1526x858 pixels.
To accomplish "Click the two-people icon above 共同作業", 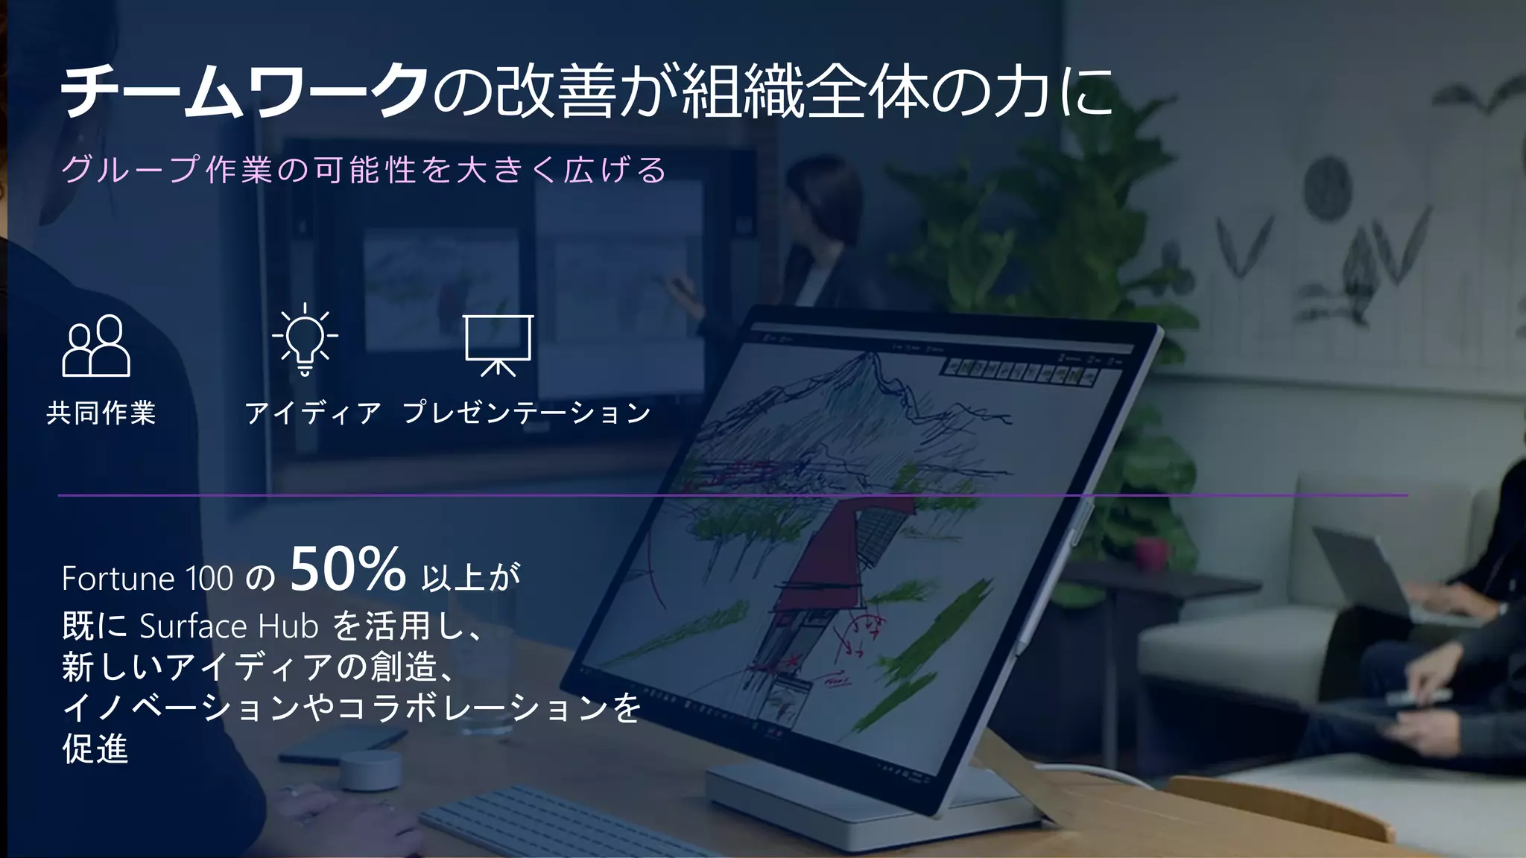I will (x=96, y=346).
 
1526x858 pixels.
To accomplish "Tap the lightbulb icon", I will (x=304, y=339).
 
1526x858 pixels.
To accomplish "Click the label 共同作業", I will (x=101, y=413).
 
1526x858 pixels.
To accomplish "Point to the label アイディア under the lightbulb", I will (x=313, y=413).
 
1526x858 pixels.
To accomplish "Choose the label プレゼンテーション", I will (x=527, y=413).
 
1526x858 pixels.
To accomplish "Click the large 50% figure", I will (x=347, y=570).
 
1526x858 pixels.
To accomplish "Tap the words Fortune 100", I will (x=148, y=579).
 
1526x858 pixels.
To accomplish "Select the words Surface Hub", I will (x=229, y=626).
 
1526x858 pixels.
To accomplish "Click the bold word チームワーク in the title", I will (x=244, y=92).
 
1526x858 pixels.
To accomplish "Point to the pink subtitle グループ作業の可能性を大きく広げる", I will (x=364, y=170).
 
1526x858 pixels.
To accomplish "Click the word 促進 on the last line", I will (x=95, y=749).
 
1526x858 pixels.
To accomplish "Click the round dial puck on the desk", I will (x=370, y=769).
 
